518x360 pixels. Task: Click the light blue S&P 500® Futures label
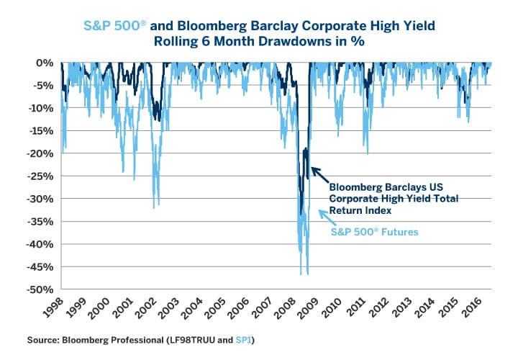coord(373,233)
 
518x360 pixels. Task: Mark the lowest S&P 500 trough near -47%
coord(307,274)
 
